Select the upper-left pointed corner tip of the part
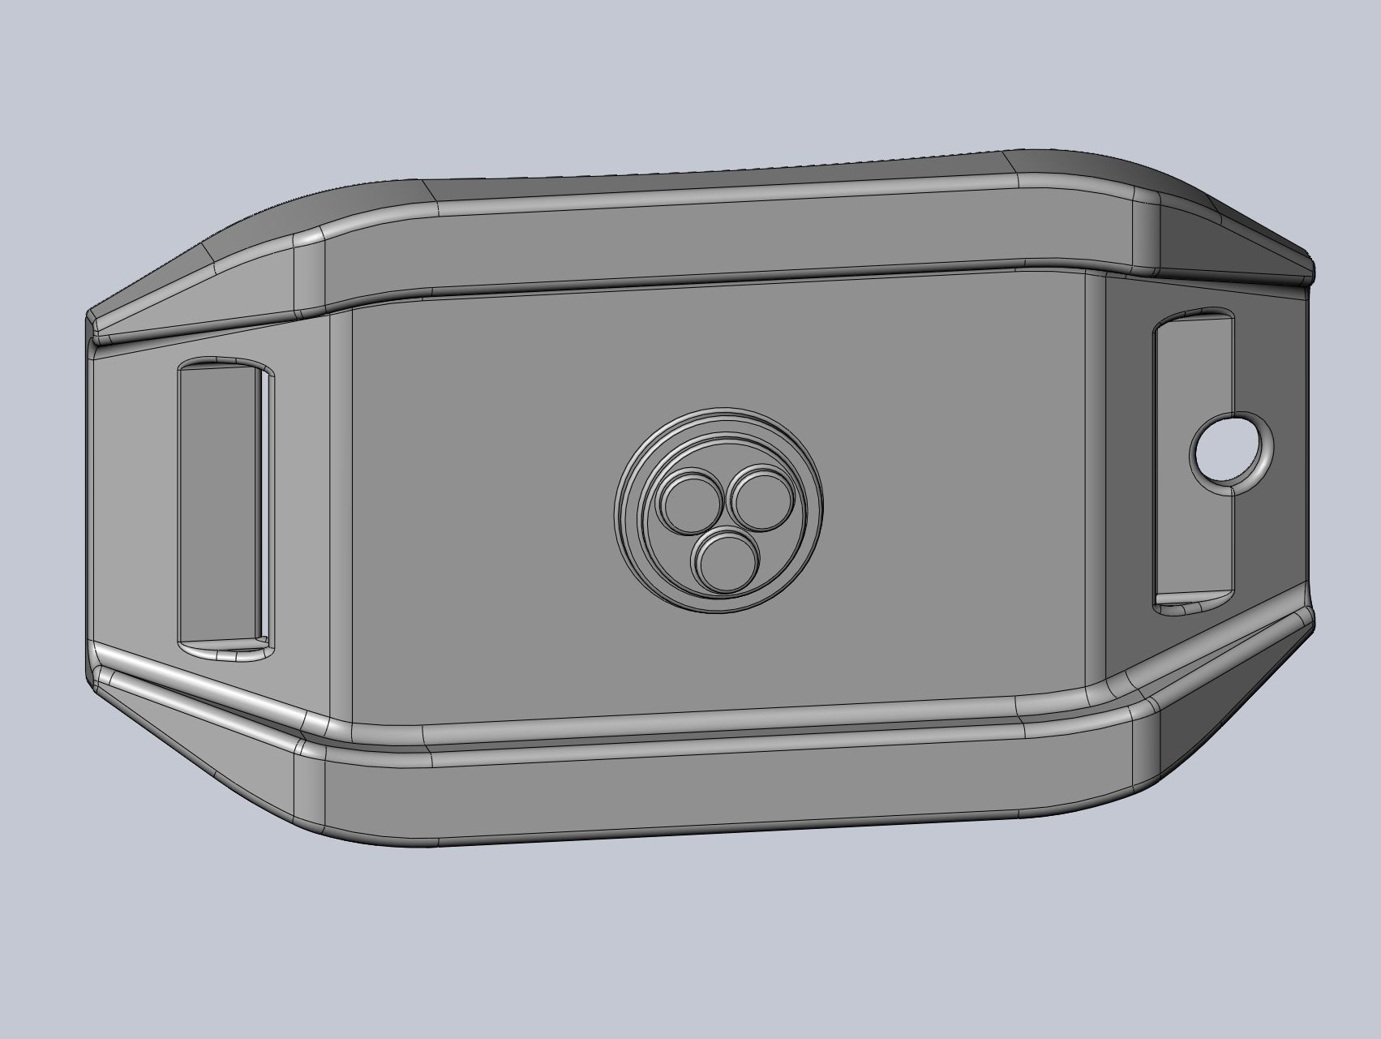click(89, 317)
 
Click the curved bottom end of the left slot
click(223, 648)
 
